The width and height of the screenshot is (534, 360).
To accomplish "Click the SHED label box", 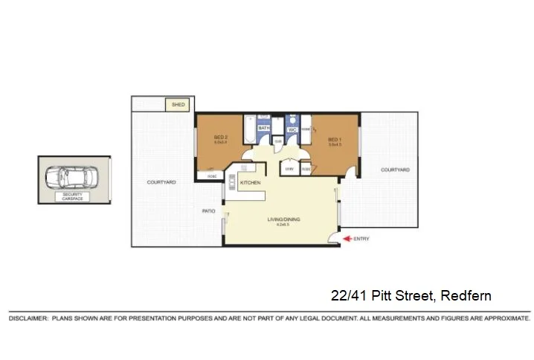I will coord(178,105).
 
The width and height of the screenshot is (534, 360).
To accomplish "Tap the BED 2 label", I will coord(220,137).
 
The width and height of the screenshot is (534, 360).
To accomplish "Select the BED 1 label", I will coord(334,139).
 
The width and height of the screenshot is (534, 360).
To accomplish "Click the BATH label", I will coord(263,128).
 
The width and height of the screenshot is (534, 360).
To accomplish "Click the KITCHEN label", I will coord(249,182).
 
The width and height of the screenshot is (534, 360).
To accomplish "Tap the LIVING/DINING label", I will coord(283,219).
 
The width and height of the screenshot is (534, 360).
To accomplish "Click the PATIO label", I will coord(209,210).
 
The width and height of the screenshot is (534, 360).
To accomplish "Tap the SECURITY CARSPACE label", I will coord(74,196).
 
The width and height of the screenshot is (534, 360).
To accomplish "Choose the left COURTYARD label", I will coord(161,181).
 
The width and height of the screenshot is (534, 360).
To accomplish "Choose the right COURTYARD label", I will coord(395,170).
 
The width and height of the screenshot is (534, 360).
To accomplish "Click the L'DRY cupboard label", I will coord(289,169).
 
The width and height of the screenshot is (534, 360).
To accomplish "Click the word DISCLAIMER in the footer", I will coord(27,318).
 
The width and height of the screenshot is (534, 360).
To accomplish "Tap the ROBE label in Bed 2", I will coord(211,176).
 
